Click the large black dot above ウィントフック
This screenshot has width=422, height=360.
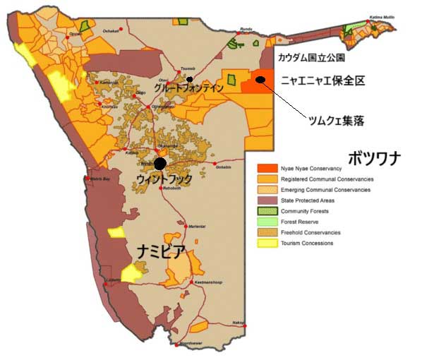[x=160, y=163]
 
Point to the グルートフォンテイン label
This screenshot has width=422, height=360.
[x=188, y=88]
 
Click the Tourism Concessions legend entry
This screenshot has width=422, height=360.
[x=306, y=244]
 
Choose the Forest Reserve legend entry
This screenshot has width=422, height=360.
[x=301, y=222]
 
